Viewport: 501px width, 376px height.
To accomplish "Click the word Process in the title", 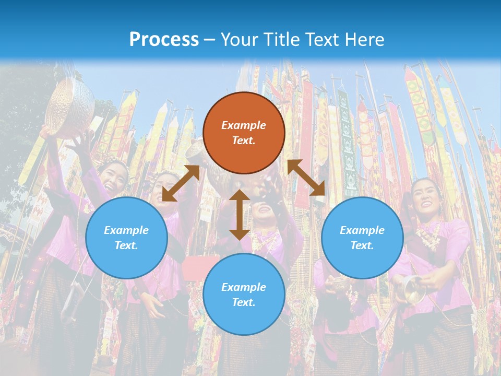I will pos(164,39).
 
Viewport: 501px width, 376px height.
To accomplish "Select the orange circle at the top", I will pos(244,133).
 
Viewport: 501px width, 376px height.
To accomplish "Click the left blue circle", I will pos(126,238).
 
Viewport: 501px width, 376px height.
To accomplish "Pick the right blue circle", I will pos(362,238).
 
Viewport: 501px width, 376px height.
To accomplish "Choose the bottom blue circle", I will pos(244,294).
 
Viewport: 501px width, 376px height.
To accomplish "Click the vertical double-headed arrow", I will pos(239,214).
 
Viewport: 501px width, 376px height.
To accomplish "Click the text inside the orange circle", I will pos(244,133).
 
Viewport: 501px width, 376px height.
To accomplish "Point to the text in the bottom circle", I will pos(244,295).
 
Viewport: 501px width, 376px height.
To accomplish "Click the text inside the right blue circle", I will pos(362,238).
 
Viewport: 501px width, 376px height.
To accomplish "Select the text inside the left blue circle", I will pos(126,238).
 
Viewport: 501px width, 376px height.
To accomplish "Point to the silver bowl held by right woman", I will pos(412,290).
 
